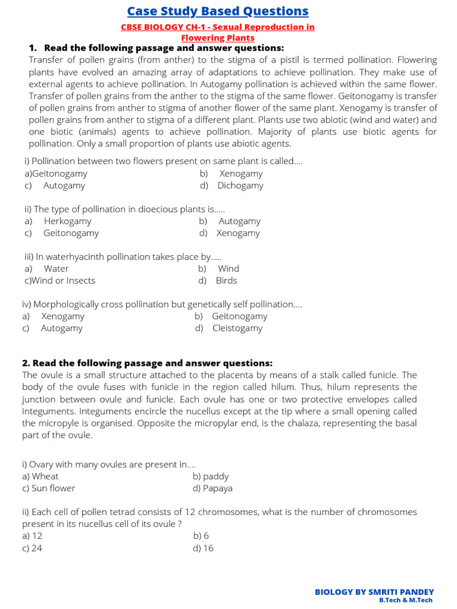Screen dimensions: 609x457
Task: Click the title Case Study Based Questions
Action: [218, 11]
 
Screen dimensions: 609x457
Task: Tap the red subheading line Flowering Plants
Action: [218, 37]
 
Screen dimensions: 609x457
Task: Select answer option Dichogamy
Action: [240, 186]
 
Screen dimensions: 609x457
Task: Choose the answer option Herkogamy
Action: [67, 221]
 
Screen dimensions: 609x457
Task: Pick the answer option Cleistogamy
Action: [237, 328]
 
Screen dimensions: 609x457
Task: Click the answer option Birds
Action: [226, 281]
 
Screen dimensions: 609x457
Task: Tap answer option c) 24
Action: [32, 548]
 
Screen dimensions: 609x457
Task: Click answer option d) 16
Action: [203, 548]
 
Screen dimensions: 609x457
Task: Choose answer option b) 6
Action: [201, 536]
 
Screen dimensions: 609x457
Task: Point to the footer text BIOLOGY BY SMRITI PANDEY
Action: [374, 592]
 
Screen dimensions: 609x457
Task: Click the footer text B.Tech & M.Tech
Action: [406, 600]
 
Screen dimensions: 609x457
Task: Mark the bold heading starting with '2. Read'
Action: [148, 363]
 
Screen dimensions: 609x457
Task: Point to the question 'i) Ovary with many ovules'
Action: [109, 464]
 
